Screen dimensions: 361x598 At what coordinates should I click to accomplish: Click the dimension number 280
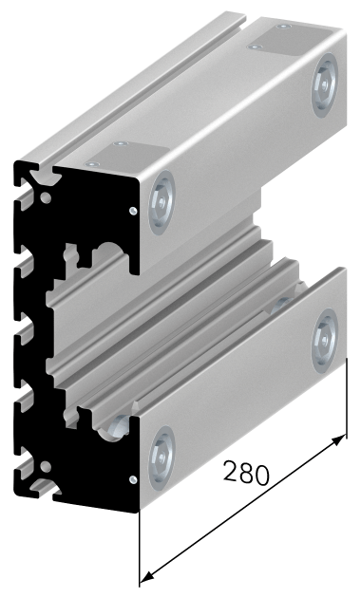pyautogui.click(x=246, y=473)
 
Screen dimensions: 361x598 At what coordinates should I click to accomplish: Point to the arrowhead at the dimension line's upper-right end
pyautogui.click(x=338, y=440)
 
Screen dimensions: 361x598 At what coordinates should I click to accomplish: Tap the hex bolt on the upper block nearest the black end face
pyautogui.click(x=161, y=202)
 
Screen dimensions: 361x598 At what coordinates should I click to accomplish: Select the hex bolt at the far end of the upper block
pyautogui.click(x=325, y=85)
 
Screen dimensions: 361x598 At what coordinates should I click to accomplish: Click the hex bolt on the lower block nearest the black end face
pyautogui.click(x=161, y=458)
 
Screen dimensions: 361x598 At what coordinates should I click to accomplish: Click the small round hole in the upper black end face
pyautogui.click(x=46, y=197)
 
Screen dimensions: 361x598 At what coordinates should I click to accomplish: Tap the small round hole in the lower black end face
pyautogui.click(x=46, y=466)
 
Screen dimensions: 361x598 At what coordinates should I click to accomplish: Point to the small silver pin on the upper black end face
pyautogui.click(x=133, y=211)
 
